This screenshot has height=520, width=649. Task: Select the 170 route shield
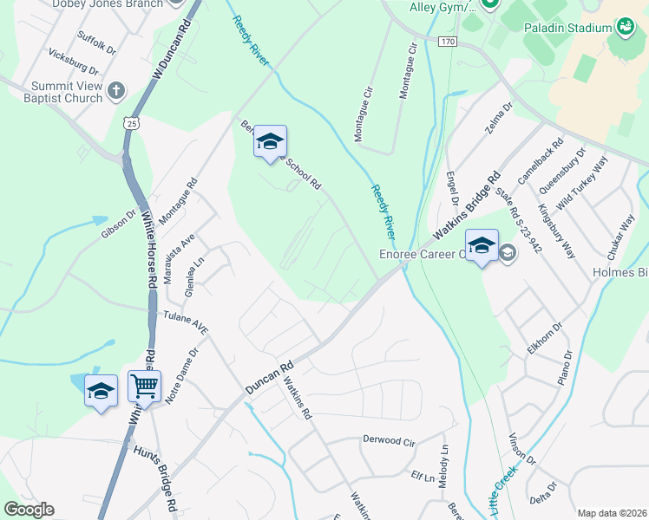click(447, 42)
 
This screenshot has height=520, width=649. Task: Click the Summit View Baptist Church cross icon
click(117, 89)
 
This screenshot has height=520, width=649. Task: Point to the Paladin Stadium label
click(567, 28)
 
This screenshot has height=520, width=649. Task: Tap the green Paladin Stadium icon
click(626, 28)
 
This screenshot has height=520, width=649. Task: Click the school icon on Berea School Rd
click(270, 141)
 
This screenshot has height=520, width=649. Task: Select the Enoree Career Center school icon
click(482, 245)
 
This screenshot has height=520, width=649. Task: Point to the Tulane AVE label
click(186, 323)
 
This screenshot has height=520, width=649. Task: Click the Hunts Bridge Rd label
click(155, 477)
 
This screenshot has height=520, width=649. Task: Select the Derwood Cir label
click(388, 440)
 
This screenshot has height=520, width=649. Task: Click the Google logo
click(29, 510)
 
